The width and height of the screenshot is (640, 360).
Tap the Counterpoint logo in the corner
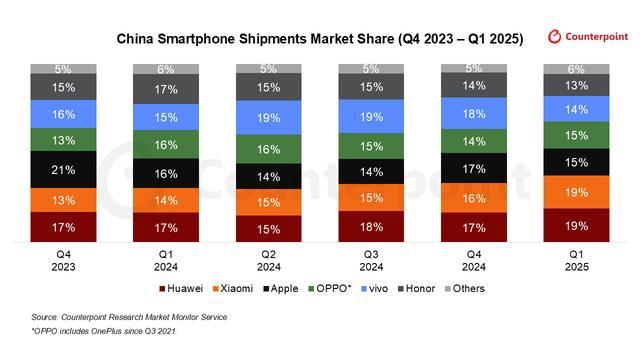[x=586, y=37]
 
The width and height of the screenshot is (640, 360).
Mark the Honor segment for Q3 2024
[x=370, y=88]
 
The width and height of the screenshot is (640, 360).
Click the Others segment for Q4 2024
[x=474, y=69]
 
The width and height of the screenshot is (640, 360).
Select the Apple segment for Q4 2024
[x=474, y=171]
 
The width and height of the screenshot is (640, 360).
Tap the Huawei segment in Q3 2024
[x=370, y=227]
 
